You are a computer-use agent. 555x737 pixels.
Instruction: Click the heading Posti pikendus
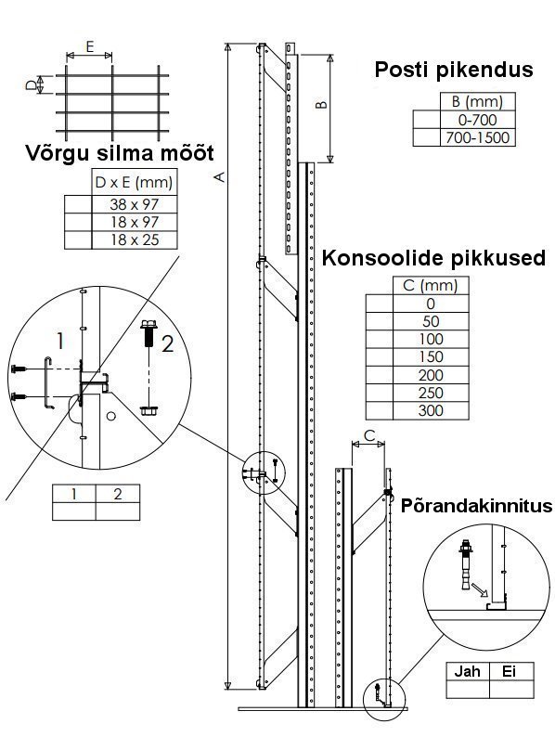coord(454,70)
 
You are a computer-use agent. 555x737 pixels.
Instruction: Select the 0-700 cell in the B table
coord(477,120)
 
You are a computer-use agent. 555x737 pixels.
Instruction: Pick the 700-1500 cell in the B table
coord(477,137)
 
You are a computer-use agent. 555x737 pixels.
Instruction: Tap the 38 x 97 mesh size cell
coord(135,204)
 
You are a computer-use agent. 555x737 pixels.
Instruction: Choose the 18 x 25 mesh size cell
coord(135,239)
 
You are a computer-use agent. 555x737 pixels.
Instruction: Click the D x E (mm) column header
coord(135,182)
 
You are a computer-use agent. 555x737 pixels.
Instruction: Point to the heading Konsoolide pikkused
coord(433,258)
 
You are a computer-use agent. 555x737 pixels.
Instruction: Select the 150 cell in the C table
coord(431,356)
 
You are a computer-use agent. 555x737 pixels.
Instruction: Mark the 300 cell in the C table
coord(431,410)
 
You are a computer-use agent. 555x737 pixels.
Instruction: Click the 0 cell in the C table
coord(431,304)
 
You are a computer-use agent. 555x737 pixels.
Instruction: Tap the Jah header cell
coord(467,671)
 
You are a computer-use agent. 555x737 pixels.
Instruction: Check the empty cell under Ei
coord(511,689)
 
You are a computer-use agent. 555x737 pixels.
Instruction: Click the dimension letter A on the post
coord(219,176)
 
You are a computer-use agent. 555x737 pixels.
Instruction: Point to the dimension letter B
coord(321,104)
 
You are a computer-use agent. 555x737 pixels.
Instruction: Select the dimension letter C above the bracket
coord(369,435)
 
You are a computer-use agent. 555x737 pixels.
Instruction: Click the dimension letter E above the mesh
coord(90,46)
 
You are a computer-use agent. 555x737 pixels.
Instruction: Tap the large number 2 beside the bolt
coord(167,344)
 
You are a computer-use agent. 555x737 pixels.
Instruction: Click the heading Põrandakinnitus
coord(476,506)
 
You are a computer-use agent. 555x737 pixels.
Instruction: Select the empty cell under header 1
coord(73,511)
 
